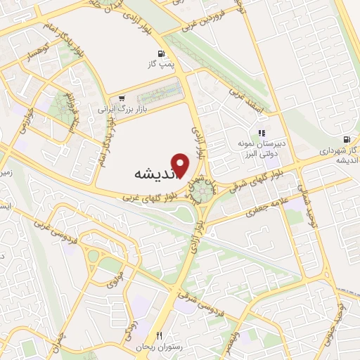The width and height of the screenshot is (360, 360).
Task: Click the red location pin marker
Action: pyautogui.click(x=181, y=165)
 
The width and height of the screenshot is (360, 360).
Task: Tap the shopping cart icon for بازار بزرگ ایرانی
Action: pyautogui.click(x=124, y=98)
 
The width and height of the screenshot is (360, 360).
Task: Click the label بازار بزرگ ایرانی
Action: pyautogui.click(x=116, y=110)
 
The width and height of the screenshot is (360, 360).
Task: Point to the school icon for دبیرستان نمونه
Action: pyautogui.click(x=262, y=133)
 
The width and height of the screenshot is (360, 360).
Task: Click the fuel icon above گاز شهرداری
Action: pyautogui.click(x=347, y=139)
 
